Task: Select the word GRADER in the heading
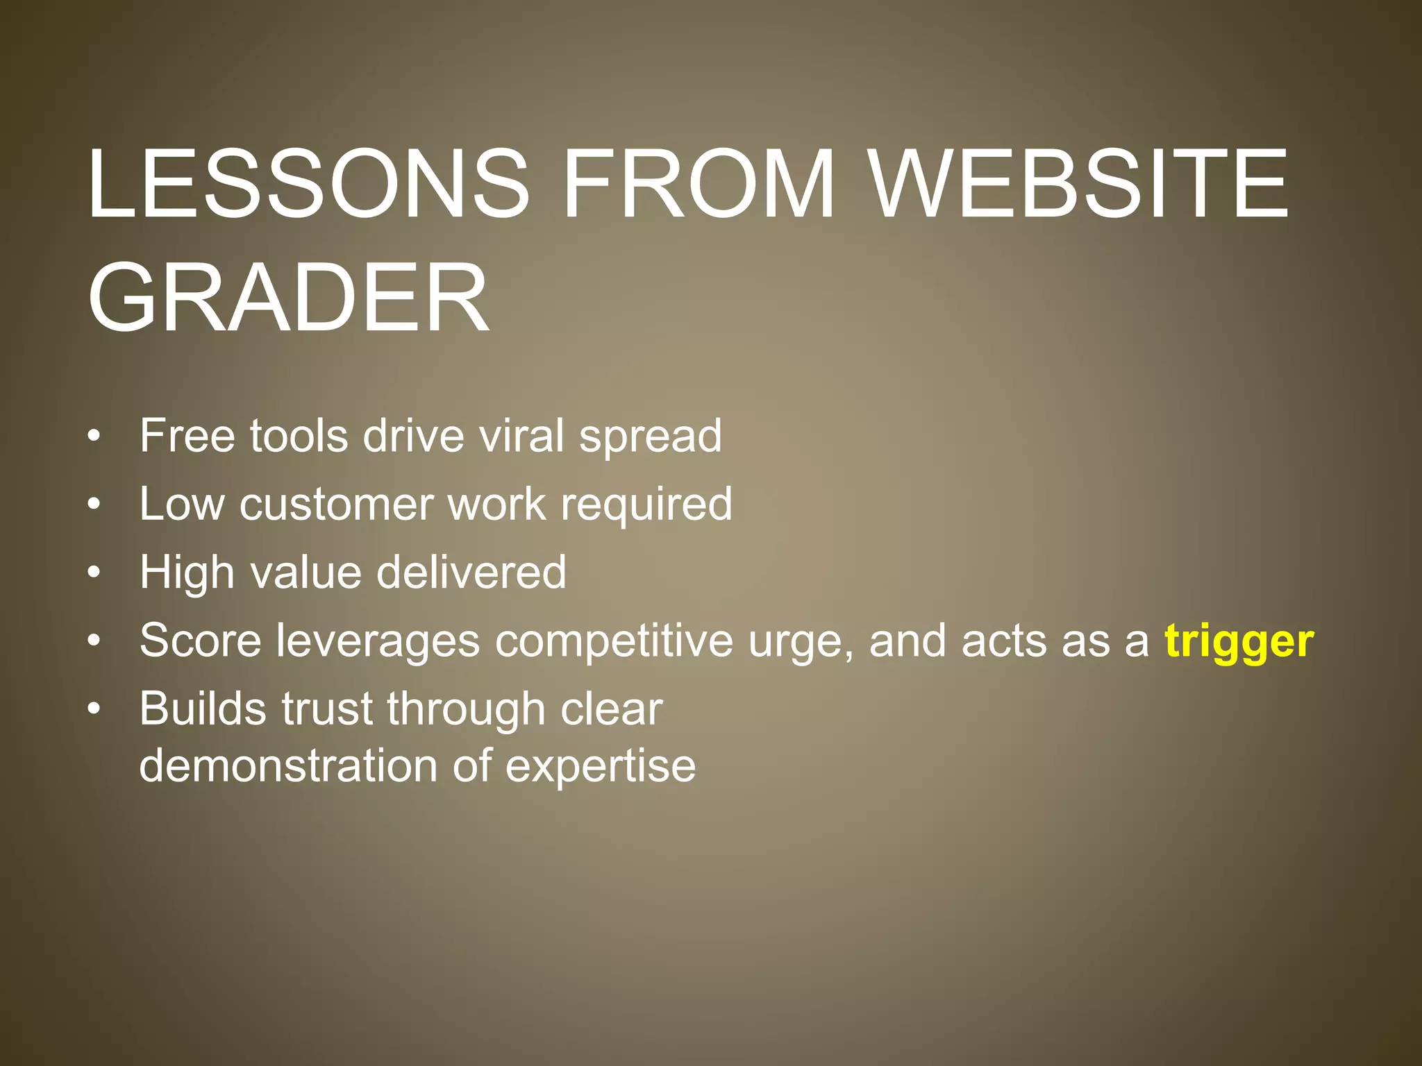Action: click(288, 298)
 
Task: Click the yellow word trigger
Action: click(1239, 641)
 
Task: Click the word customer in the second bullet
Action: click(336, 505)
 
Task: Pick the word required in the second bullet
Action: click(646, 505)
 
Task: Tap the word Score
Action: click(201, 641)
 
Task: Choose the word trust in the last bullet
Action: click(327, 709)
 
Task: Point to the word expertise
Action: click(600, 767)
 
